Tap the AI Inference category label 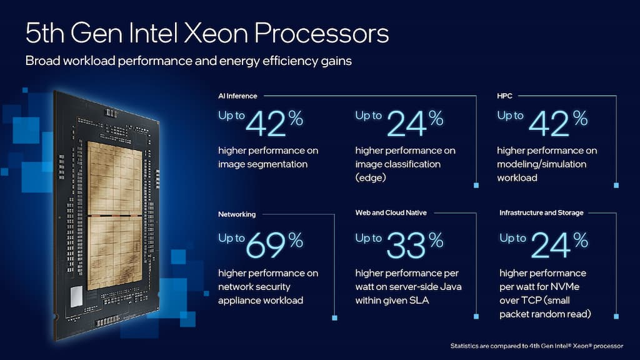point(237,96)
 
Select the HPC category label point(506,96)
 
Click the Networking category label point(237,214)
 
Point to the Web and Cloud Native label point(391,213)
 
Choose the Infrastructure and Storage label point(541,213)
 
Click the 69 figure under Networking point(265,245)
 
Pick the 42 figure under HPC point(549,123)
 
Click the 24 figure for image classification point(406,123)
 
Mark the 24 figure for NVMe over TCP point(549,245)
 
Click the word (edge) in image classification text point(371,177)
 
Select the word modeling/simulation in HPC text point(541,164)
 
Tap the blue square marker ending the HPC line point(617,185)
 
